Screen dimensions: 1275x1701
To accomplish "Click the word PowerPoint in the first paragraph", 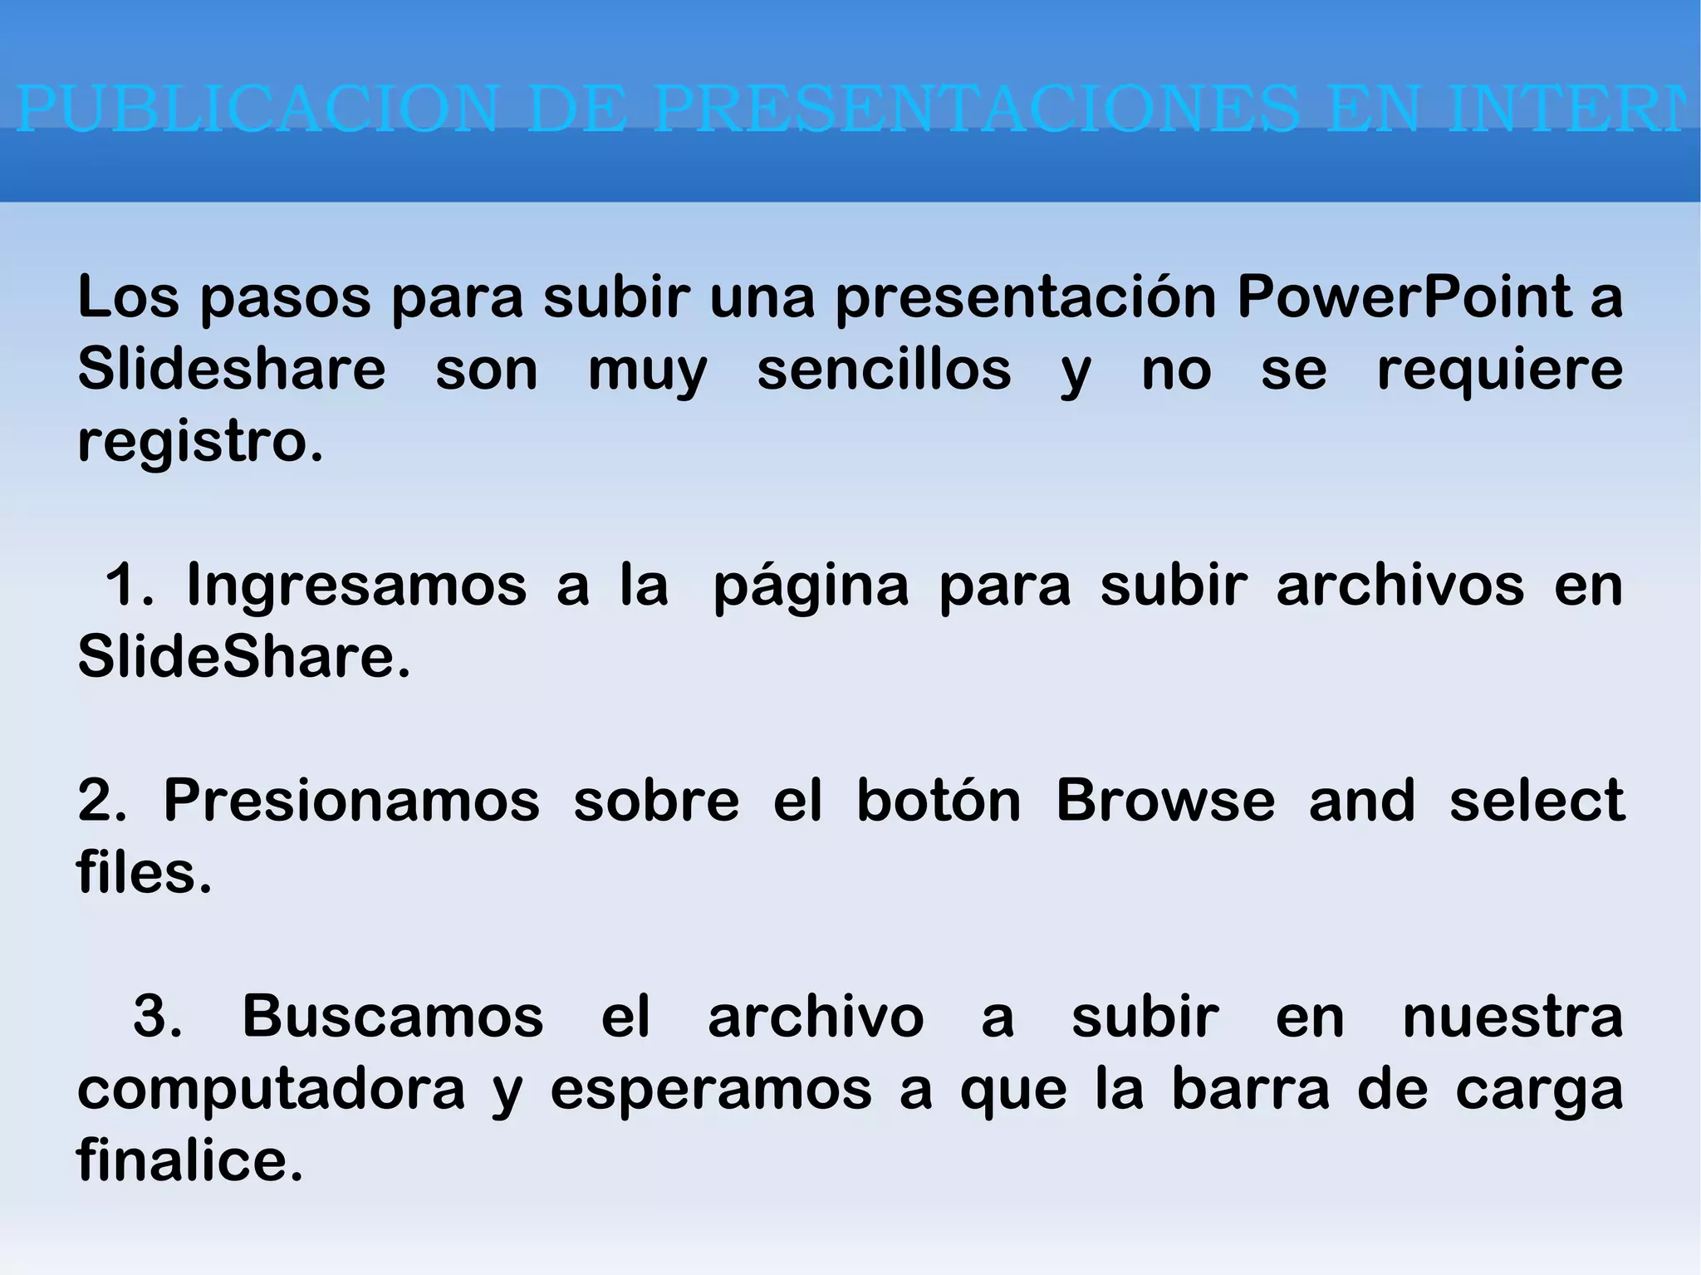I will click(1404, 297).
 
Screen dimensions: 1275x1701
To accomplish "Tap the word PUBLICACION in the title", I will click(257, 109).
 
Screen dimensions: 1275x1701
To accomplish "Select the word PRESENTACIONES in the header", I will click(977, 109).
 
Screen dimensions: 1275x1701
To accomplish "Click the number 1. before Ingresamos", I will click(130, 585).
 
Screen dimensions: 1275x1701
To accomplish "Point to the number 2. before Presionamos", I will click(101, 801).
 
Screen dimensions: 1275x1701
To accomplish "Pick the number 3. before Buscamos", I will click(157, 1016).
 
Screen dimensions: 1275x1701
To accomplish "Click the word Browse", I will click(1165, 801).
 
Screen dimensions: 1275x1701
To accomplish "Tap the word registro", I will click(199, 442).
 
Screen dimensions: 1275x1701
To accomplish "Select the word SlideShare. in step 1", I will click(244, 657).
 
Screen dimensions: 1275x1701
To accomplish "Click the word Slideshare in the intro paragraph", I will click(232, 370).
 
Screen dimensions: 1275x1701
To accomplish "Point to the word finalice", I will click(190, 1160).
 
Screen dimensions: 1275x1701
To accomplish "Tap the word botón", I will click(939, 801).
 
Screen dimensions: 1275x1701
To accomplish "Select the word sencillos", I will click(884, 370).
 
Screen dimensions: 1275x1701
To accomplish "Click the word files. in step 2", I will click(145, 873).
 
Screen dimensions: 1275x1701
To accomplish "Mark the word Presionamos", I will click(351, 801).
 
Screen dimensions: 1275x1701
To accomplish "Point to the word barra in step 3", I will click(1251, 1088).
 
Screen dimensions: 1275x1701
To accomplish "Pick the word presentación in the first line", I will click(1026, 298).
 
